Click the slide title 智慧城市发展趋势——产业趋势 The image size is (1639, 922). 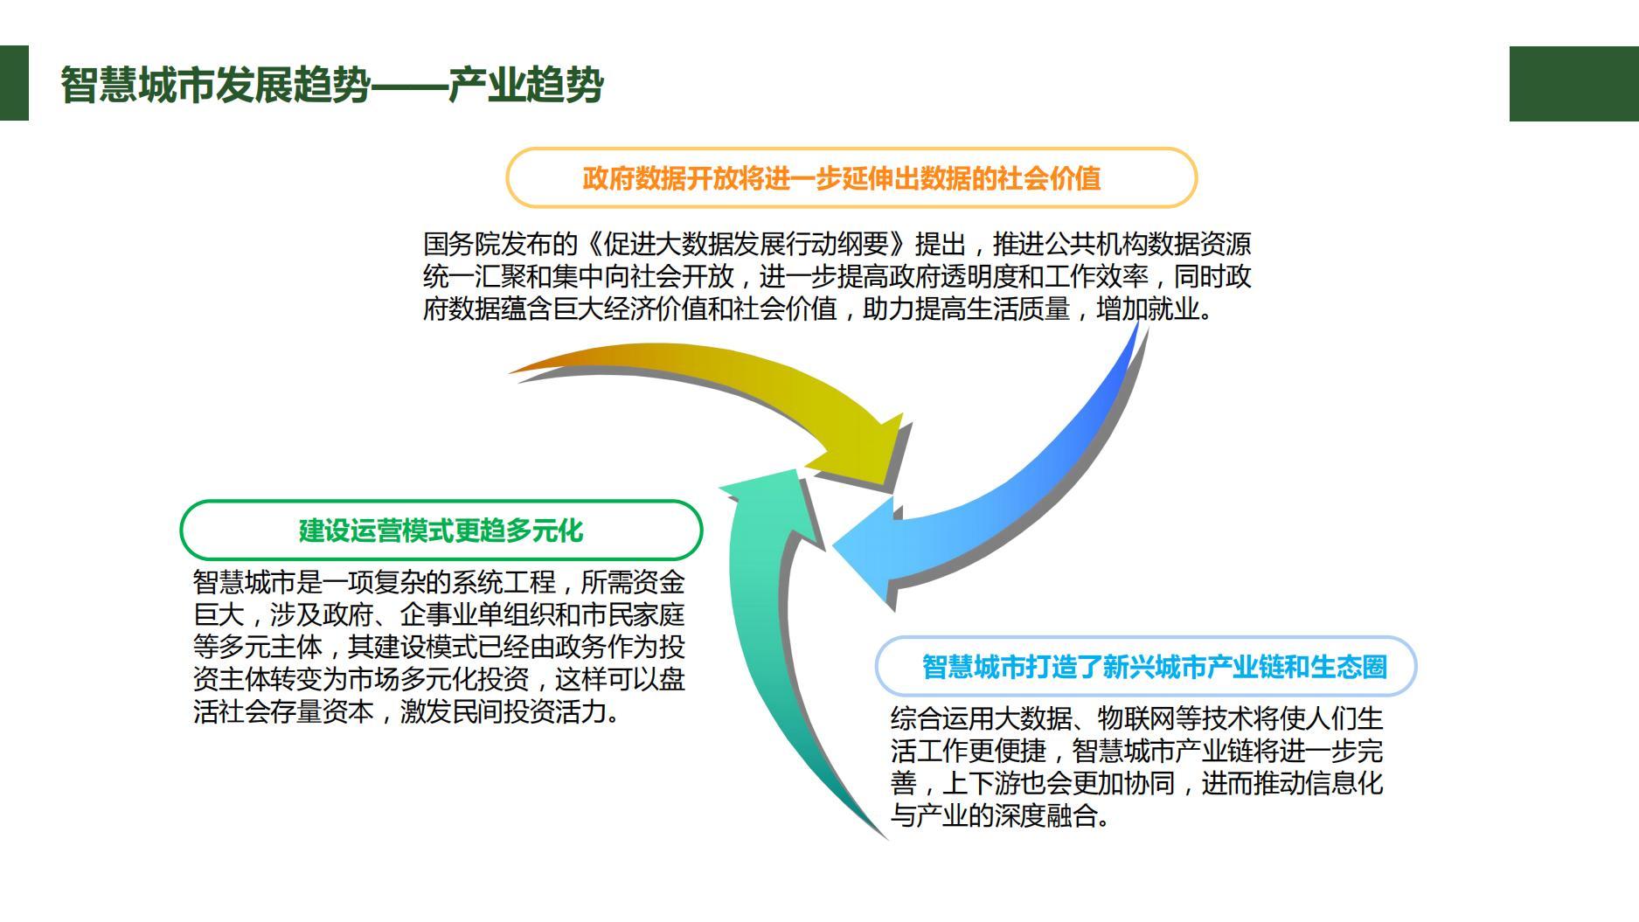point(332,85)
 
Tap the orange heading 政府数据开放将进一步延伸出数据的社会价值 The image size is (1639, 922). point(841,178)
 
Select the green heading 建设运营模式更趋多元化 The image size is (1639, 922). point(441,530)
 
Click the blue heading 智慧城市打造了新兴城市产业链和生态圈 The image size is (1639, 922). point(1154,667)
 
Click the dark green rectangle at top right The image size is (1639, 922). point(1573,84)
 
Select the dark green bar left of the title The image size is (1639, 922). point(14,83)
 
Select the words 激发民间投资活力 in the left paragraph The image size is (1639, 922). point(502,712)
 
